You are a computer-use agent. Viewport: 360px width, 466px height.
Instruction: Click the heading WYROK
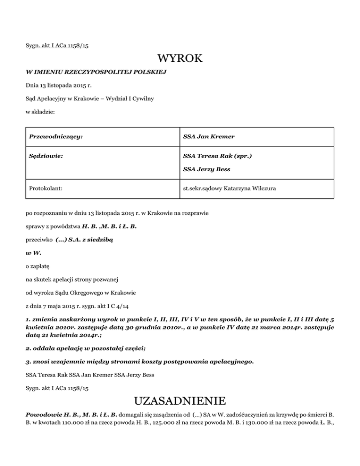click(180, 59)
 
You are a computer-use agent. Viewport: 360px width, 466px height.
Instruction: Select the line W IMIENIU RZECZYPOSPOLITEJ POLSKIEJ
click(94, 73)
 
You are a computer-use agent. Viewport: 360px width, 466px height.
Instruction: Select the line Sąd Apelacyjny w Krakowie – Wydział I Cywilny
click(90, 99)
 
